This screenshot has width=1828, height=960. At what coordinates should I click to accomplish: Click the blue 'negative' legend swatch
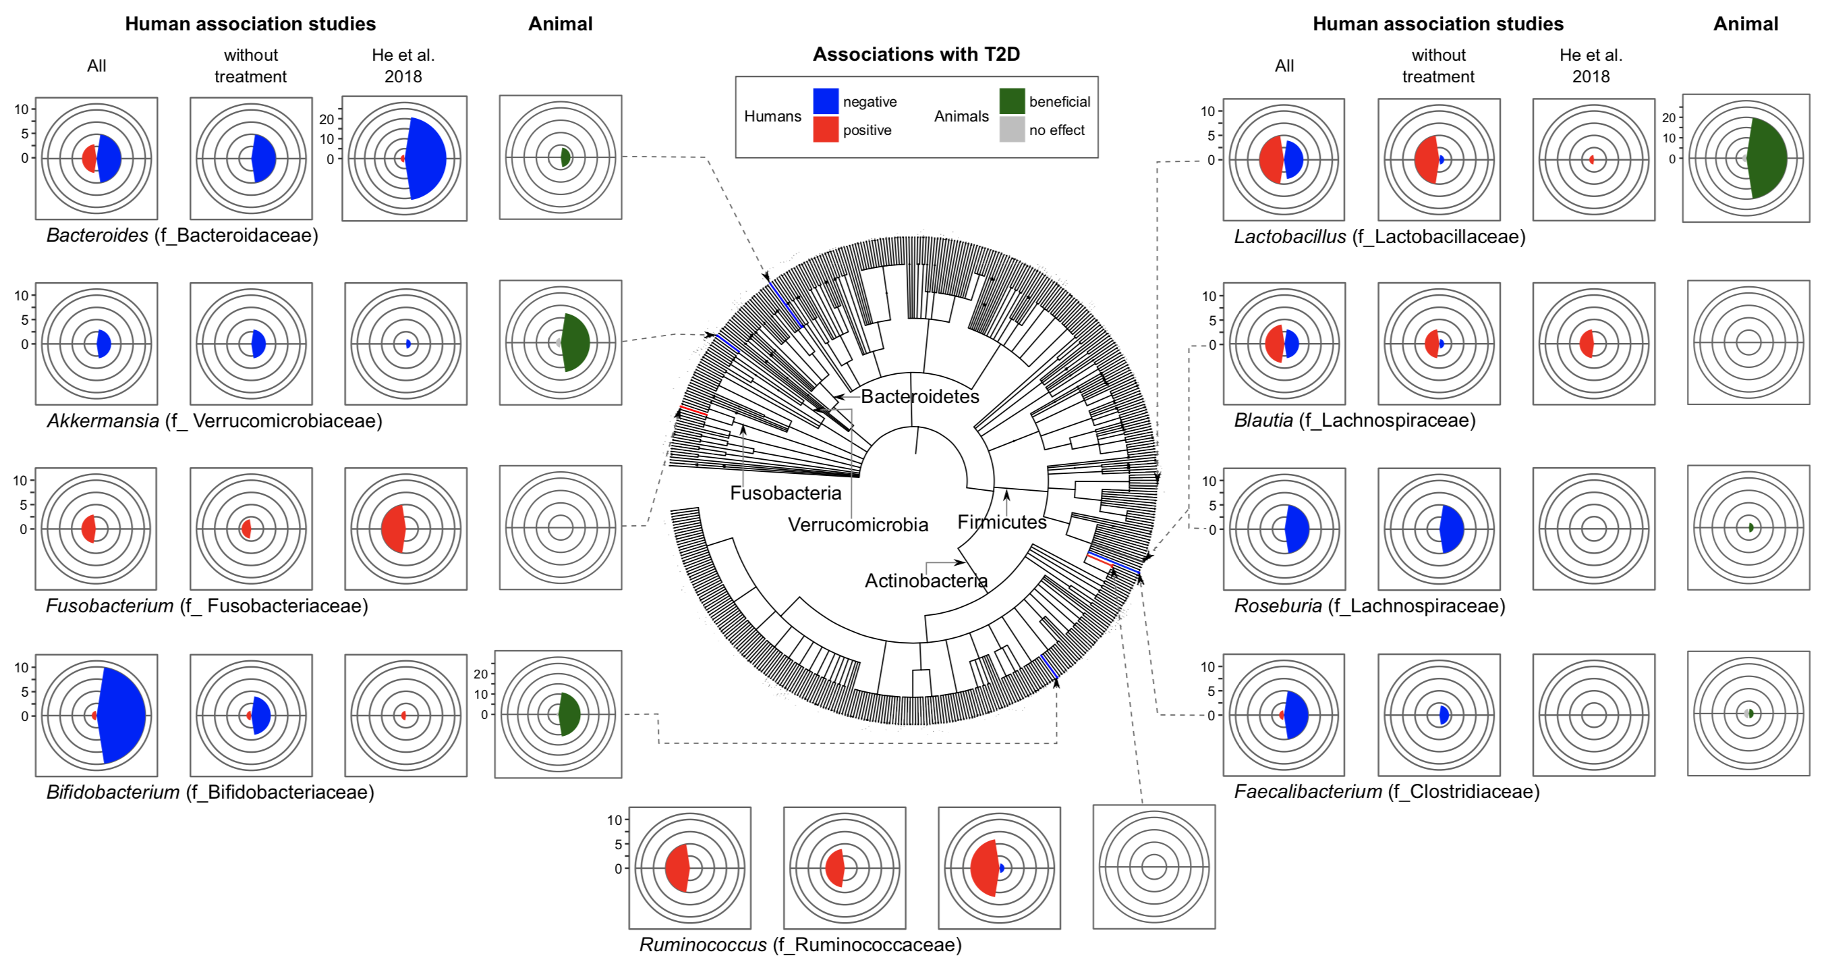coord(825,101)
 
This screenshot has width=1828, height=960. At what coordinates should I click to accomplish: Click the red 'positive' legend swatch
coord(825,129)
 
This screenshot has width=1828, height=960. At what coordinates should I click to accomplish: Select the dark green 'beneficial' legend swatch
coord(1012,101)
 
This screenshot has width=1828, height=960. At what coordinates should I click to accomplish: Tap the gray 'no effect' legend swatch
coord(1012,129)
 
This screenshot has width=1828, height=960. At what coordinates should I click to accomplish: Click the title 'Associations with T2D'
coord(916,54)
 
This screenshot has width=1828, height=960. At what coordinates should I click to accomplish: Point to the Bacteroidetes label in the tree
coord(919,396)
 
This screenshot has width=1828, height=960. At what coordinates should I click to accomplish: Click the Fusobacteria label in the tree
coord(786,493)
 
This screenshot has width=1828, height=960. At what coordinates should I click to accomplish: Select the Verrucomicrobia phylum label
coord(858,525)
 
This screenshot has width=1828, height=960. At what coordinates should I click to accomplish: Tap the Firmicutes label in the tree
coord(1002,522)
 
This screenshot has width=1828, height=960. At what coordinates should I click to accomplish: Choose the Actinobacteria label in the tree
coord(926,581)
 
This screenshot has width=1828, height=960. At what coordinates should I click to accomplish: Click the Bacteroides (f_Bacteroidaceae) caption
coord(182,235)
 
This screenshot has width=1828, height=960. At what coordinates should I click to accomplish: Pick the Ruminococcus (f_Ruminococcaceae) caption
coord(801,944)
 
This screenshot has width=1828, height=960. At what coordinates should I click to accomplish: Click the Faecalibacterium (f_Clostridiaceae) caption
coord(1387,791)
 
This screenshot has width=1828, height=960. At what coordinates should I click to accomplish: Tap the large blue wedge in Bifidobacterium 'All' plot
coord(123,715)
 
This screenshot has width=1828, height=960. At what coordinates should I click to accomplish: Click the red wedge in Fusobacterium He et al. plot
coord(393,529)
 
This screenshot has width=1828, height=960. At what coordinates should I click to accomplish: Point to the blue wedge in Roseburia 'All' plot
coord(1298,529)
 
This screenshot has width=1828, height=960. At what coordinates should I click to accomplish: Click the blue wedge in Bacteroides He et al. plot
coord(426,159)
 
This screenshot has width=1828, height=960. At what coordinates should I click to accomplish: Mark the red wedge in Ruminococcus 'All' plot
coord(678,868)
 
